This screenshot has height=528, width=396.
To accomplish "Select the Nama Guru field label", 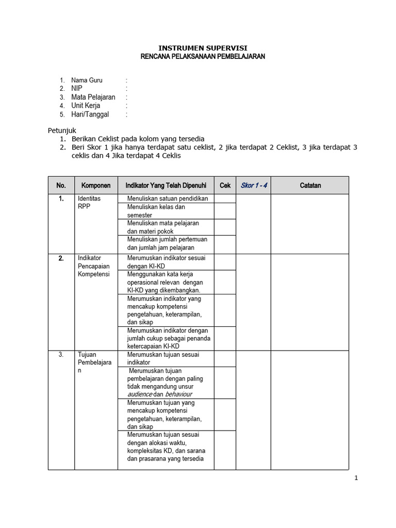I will [x=87, y=80].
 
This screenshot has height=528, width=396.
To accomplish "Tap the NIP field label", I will [x=77, y=89].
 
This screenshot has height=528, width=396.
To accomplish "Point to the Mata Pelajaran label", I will [x=93, y=97].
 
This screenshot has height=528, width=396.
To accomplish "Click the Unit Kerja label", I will [x=86, y=106].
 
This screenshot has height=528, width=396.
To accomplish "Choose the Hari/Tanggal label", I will [x=90, y=114].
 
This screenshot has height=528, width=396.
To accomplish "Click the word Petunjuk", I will [x=62, y=130].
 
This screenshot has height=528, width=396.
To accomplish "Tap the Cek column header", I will [x=225, y=185].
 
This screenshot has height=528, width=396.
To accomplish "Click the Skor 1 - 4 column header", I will [x=253, y=185].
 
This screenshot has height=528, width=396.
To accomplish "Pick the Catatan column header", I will [x=310, y=185].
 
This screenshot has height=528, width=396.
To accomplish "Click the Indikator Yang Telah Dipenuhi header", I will [x=166, y=185].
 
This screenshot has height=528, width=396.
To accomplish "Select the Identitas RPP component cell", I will [x=89, y=203].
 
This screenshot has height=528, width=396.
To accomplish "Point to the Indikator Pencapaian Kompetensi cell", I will [x=93, y=266].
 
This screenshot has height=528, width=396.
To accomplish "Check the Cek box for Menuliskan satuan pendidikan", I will [x=225, y=199].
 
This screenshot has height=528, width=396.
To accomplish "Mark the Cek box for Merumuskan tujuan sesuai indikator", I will [x=225, y=358].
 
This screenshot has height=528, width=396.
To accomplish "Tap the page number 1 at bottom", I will [x=355, y=478].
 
